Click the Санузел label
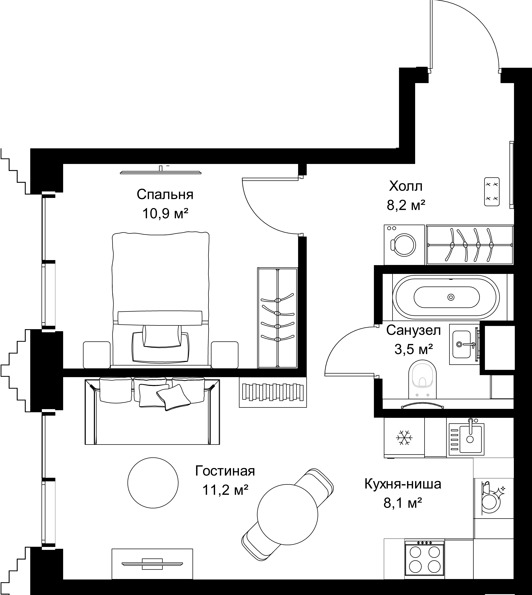click(x=413, y=330)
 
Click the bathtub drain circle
click(x=451, y=297)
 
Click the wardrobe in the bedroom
click(x=277, y=318)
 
